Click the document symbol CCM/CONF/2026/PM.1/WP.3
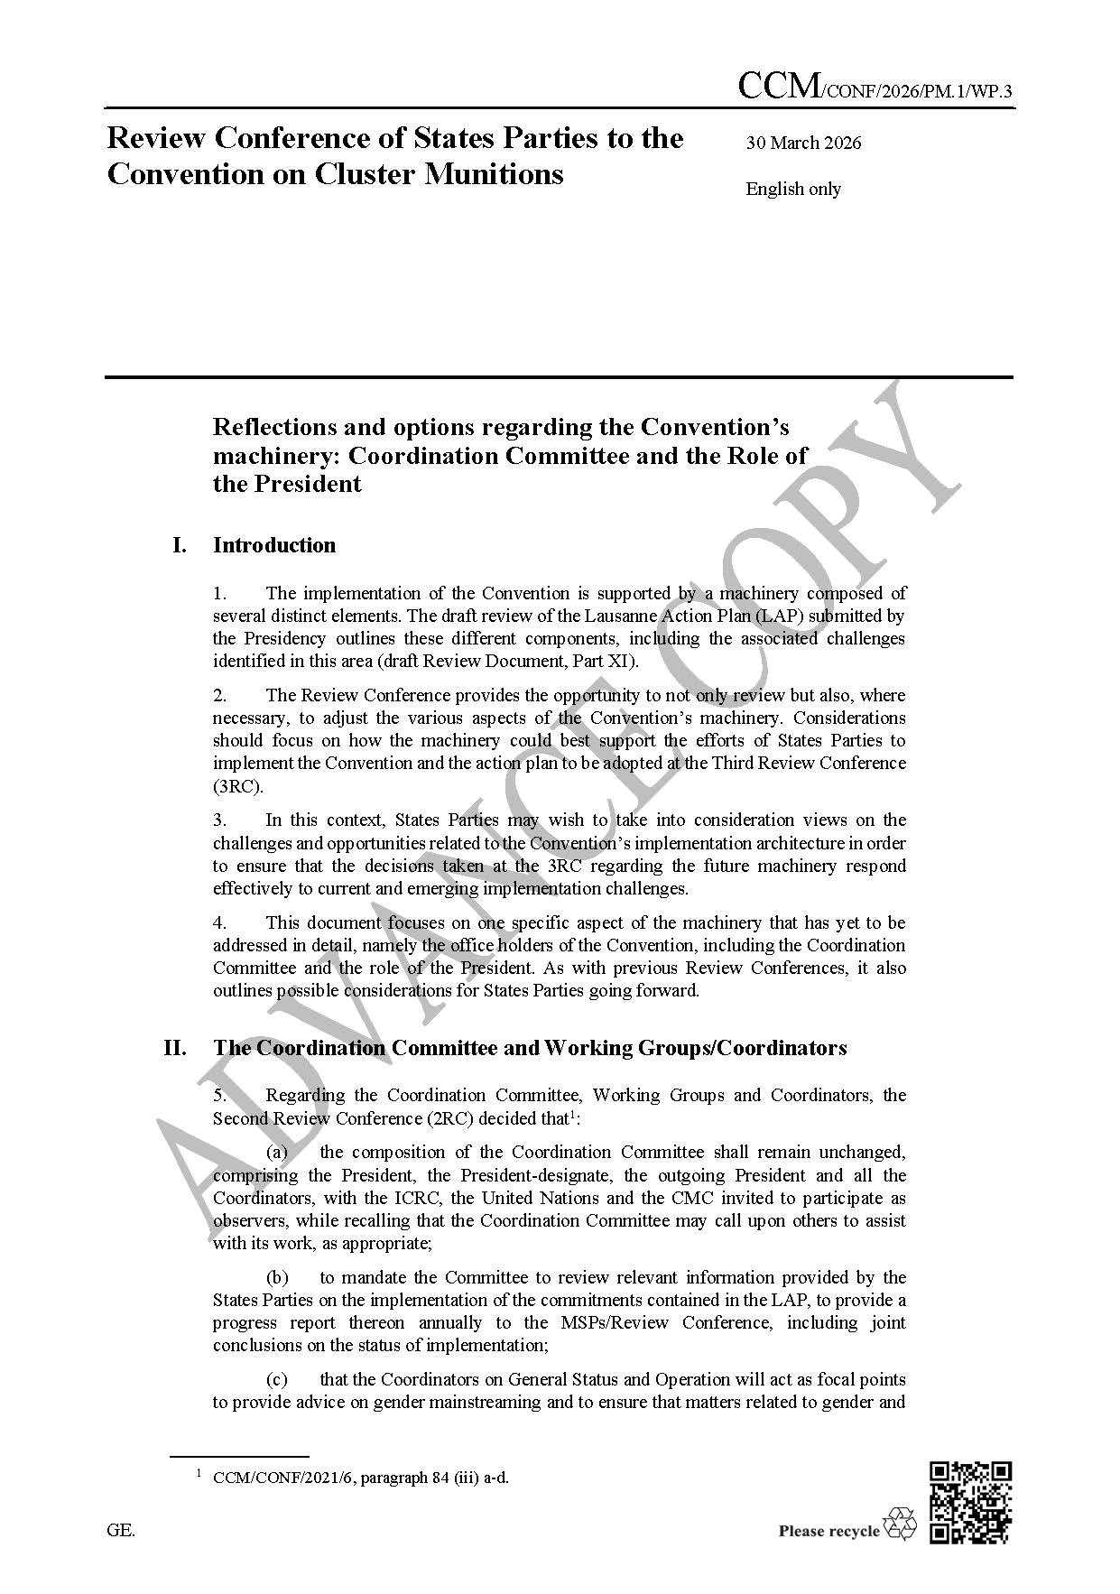[875, 88]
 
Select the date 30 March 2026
[803, 143]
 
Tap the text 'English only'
[792, 189]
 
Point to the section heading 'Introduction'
[273, 545]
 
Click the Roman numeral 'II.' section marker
[175, 1048]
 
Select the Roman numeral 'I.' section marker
[180, 545]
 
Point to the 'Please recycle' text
[828, 1530]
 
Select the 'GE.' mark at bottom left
[121, 1530]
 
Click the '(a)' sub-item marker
[276, 1152]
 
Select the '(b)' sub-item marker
[277, 1277]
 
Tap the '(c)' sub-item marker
[276, 1379]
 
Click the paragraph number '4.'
[219, 922]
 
